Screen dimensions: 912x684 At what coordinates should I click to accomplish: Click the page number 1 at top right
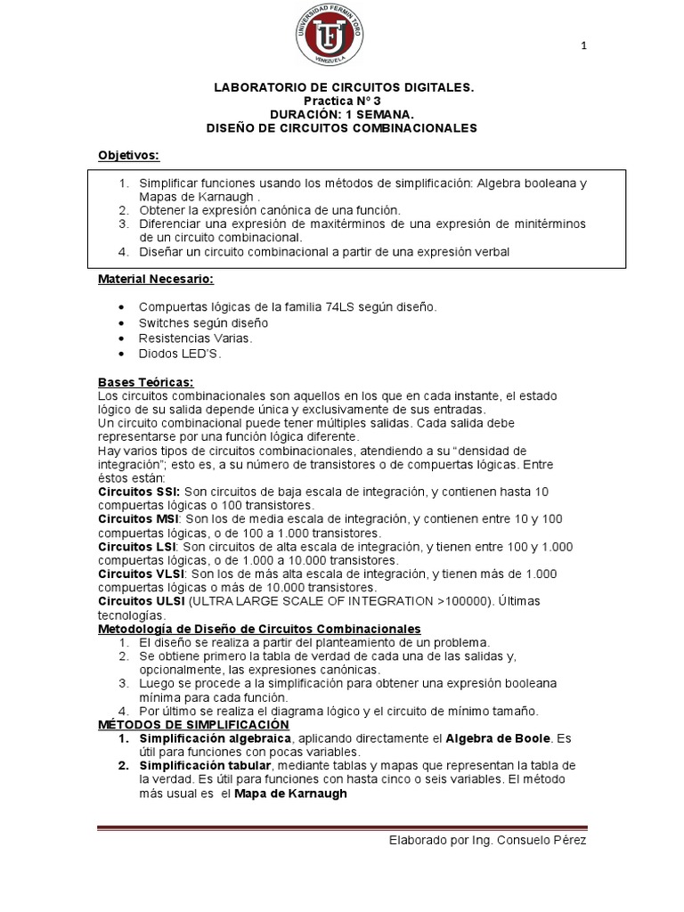(583, 46)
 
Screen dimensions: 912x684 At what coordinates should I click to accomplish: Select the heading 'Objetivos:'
(128, 156)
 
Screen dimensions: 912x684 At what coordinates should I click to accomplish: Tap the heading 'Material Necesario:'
(155, 280)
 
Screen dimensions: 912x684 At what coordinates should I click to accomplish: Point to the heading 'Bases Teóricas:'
(145, 382)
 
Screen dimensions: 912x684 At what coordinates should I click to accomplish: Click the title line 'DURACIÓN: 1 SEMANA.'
(342, 115)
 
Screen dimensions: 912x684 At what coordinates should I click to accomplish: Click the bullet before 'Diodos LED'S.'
(120, 354)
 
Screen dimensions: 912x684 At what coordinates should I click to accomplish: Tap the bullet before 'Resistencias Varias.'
(120, 338)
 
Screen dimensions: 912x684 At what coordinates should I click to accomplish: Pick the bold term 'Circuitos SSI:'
(139, 492)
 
